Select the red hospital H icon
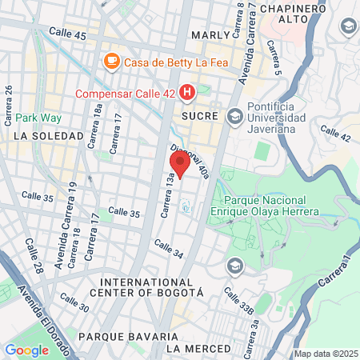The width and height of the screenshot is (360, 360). [x=187, y=94]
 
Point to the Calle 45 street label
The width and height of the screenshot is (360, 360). [x=68, y=36]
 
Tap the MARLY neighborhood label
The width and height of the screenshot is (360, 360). [x=211, y=35]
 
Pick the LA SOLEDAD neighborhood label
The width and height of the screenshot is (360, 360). [x=47, y=136]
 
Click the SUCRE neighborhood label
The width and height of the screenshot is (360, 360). [x=200, y=116]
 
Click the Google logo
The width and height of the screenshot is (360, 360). [x=26, y=350]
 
